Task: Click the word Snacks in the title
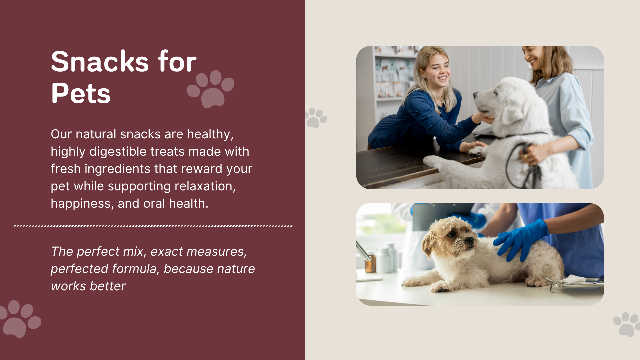(x=100, y=62)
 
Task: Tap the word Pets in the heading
(x=81, y=93)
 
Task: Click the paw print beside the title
(x=210, y=89)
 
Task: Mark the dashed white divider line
(x=153, y=226)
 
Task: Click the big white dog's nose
(x=476, y=95)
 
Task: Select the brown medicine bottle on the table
(x=370, y=263)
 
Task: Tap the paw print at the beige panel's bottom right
(x=627, y=324)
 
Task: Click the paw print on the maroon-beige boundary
(x=316, y=118)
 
